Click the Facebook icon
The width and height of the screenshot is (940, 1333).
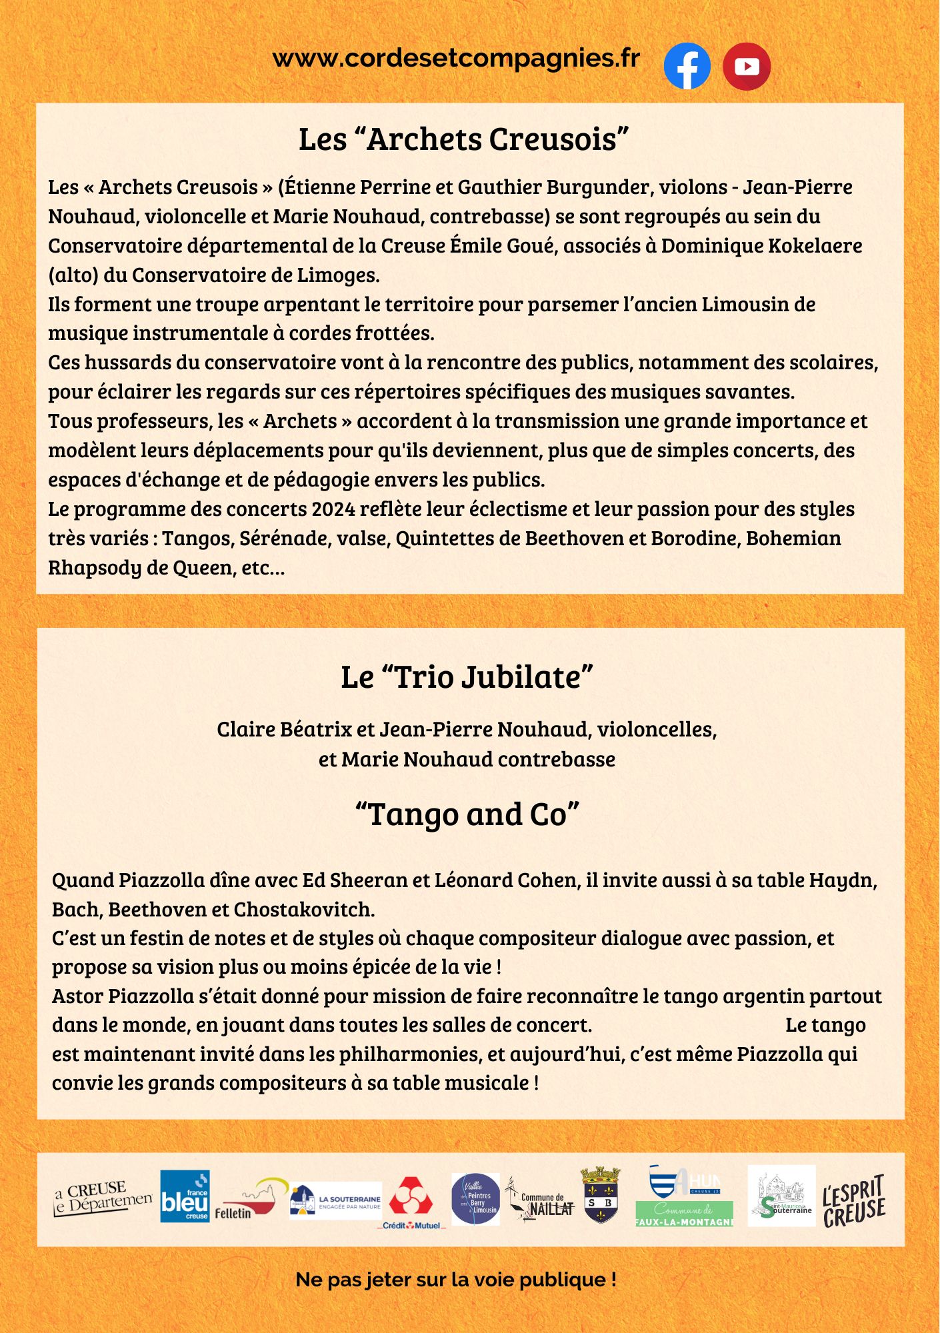click(687, 66)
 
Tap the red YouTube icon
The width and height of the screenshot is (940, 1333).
click(747, 66)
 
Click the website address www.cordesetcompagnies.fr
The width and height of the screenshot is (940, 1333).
click(456, 59)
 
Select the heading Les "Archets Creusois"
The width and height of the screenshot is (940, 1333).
click(464, 139)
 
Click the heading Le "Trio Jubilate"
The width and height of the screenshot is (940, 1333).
click(467, 677)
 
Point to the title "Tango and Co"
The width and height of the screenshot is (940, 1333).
click(467, 814)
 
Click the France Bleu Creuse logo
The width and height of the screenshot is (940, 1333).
click(185, 1197)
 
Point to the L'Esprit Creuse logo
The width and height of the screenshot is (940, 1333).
click(853, 1200)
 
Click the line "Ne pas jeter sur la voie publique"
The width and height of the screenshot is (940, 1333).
click(456, 1280)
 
